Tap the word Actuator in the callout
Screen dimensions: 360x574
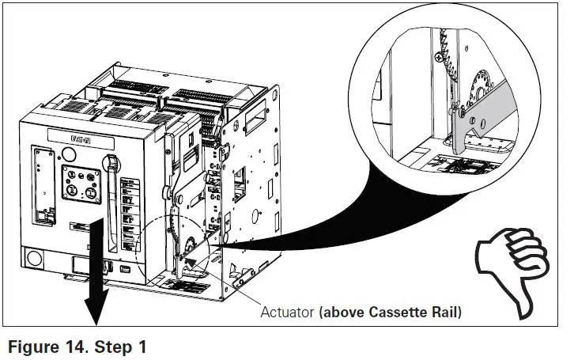point(287,312)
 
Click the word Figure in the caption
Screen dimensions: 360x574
point(33,345)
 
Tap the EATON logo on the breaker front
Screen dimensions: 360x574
point(82,138)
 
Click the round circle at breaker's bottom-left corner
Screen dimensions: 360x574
point(35,259)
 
